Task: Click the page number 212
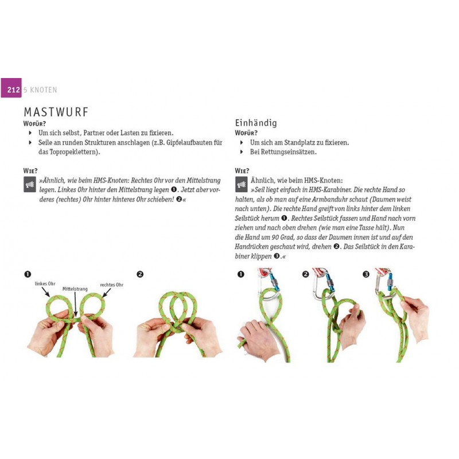[13, 90]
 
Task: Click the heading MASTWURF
[56, 112]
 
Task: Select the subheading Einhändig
[256, 123]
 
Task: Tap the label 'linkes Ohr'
[45, 283]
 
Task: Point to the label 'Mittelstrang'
[75, 289]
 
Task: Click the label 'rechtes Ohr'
[111, 285]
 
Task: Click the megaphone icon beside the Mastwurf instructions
[30, 184]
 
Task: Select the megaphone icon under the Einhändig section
[241, 184]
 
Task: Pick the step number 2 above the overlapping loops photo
[140, 274]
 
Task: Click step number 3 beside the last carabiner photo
[366, 274]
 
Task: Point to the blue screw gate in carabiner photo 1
[274, 282]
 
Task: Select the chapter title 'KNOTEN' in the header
[44, 90]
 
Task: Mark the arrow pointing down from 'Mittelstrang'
[75, 304]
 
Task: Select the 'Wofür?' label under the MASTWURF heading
[34, 123]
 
